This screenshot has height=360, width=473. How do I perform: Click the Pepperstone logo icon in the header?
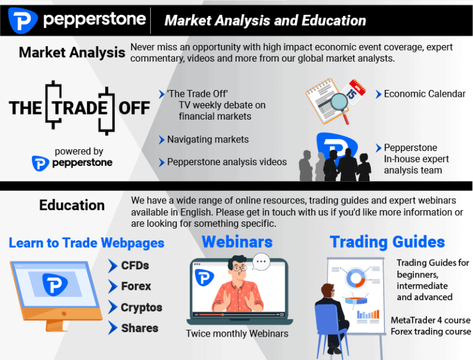pos(23,20)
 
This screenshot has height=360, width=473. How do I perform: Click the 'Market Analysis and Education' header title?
pos(265,21)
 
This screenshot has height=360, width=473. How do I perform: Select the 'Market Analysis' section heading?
pos(71,52)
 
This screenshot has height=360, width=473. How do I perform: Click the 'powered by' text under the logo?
pos(79,151)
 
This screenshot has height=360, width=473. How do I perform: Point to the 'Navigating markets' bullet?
pos(208,139)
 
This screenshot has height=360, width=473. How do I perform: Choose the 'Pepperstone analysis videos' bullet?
pos(227,162)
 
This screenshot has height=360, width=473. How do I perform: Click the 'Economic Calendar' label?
pos(424,94)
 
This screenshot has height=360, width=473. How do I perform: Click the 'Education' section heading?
pos(71,205)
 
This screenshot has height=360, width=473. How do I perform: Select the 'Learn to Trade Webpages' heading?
pos(86,242)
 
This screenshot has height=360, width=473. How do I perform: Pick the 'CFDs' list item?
pos(134,266)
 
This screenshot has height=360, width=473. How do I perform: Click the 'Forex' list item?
pos(135,287)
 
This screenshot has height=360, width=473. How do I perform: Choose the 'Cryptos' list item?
pos(141,308)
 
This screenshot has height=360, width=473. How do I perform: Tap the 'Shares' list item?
pos(139,328)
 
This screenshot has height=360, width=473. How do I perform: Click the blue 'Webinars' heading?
pos(237,241)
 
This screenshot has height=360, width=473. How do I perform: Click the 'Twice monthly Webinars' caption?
pos(237,333)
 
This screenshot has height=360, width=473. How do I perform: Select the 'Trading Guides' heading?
pos(387,242)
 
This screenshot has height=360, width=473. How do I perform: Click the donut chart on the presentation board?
pos(356,279)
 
